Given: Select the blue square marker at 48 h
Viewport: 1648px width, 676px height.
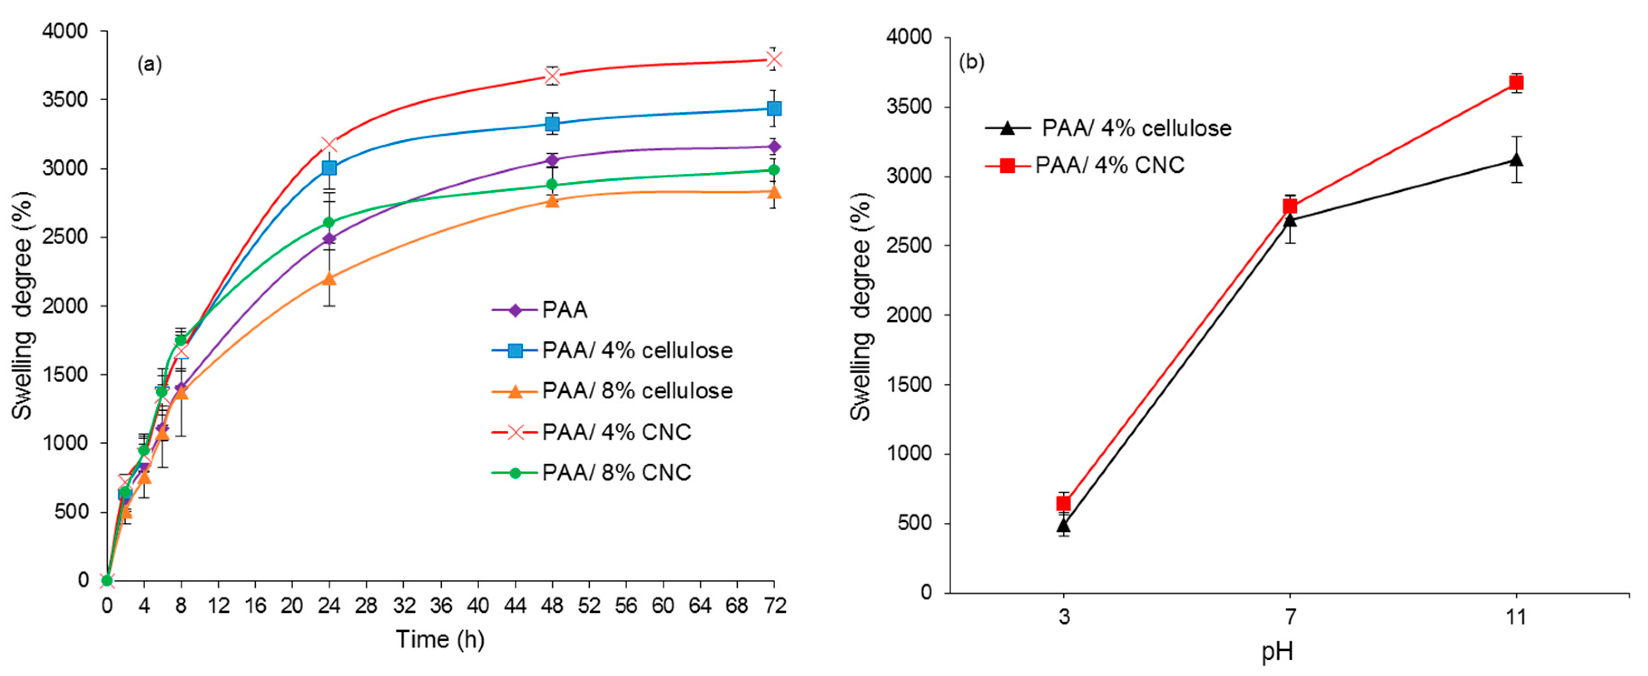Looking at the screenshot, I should pos(552,124).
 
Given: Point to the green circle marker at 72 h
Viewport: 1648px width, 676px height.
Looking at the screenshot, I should pos(774,170).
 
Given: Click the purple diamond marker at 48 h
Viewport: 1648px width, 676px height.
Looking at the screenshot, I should pos(552,160).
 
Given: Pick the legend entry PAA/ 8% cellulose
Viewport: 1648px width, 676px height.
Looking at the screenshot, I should pos(637,391).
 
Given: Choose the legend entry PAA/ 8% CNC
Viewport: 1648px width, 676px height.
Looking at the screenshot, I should pos(616,473).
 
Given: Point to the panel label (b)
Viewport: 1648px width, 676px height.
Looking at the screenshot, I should pos(972,62).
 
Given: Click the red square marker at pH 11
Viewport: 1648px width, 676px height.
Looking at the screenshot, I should pos(1515,83).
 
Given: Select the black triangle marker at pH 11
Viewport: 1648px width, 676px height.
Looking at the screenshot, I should pos(1515,159).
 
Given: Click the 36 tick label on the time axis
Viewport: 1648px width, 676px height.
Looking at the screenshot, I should pos(441,605).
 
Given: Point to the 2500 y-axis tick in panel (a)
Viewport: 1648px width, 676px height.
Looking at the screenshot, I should pos(66,237).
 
